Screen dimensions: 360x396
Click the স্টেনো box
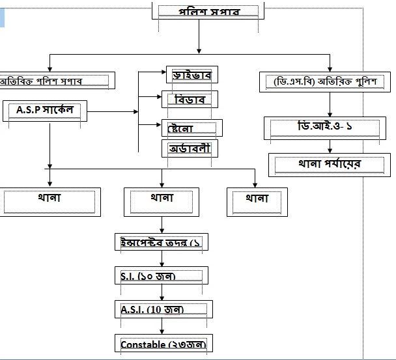click(191, 127)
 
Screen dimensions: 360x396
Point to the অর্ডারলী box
click(190, 148)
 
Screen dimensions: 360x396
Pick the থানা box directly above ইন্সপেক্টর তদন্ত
click(162, 201)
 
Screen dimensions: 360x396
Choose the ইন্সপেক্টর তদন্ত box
click(161, 242)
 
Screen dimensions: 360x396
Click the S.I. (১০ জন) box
click(161, 275)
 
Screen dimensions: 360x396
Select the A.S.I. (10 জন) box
click(161, 309)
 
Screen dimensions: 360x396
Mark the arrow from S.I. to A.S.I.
click(161, 292)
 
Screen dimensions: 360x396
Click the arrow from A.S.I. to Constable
click(161, 326)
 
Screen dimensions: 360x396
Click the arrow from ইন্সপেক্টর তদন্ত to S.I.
click(161, 259)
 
